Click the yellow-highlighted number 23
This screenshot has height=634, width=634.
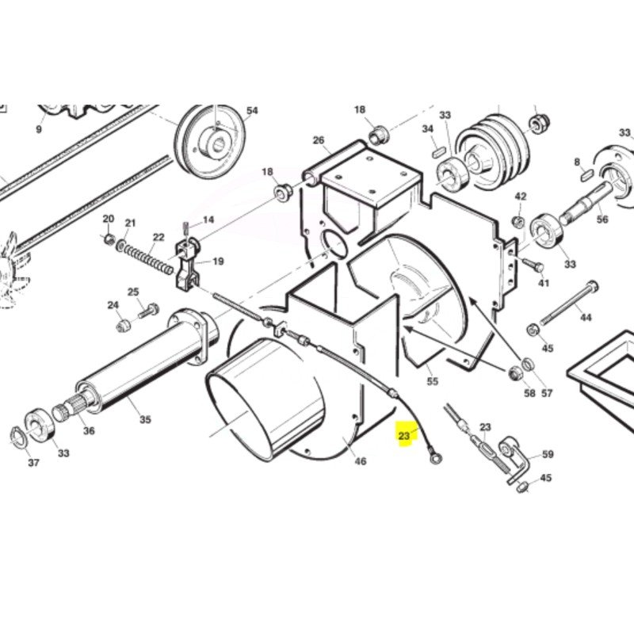pyautogui.click(x=404, y=436)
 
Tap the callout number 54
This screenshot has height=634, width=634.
pyautogui.click(x=252, y=110)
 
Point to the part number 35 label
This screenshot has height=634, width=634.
pyautogui.click(x=146, y=419)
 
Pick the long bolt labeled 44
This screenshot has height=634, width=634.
pyautogui.click(x=570, y=303)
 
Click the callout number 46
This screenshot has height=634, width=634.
pyautogui.click(x=361, y=461)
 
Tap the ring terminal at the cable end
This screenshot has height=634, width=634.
pyautogui.click(x=434, y=459)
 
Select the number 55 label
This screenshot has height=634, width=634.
pyautogui.click(x=433, y=381)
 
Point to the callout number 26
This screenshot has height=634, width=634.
pyautogui.click(x=319, y=140)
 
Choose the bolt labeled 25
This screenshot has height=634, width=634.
pyautogui.click(x=149, y=310)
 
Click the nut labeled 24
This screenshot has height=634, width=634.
pyautogui.click(x=123, y=325)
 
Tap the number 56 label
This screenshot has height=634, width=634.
pyautogui.click(x=602, y=220)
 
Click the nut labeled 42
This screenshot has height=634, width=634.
pyautogui.click(x=518, y=221)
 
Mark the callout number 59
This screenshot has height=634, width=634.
pyautogui.click(x=548, y=454)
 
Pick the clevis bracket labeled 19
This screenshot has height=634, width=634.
pyautogui.click(x=188, y=265)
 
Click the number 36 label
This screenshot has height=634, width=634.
pyautogui.click(x=89, y=431)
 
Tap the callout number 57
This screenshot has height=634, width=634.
pyautogui.click(x=547, y=393)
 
